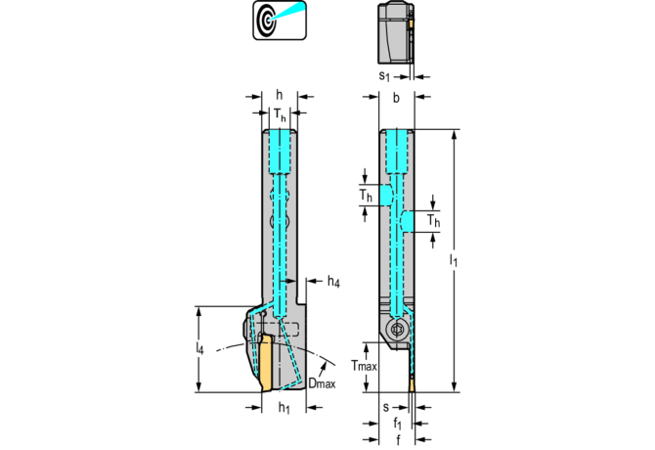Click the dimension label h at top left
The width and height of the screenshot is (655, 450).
pyautogui.click(x=280, y=95)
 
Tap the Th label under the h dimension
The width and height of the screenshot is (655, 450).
pyautogui.click(x=280, y=115)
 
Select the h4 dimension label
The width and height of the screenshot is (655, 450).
pyautogui.click(x=333, y=283)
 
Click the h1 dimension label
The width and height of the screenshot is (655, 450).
pyautogui.click(x=284, y=407)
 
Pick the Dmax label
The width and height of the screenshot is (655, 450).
pyautogui.click(x=322, y=383)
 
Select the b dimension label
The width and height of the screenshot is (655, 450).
pyautogui.click(x=396, y=98)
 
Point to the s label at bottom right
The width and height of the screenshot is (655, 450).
pyautogui.click(x=385, y=407)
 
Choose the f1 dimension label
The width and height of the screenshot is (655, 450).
pyautogui.click(x=397, y=425)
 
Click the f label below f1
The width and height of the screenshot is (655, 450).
pyautogui.click(x=397, y=441)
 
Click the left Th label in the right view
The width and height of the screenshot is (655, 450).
pyautogui.click(x=365, y=196)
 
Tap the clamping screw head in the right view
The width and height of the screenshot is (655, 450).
pyautogui.click(x=396, y=330)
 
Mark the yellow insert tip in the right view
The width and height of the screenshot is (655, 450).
pyautogui.click(x=413, y=383)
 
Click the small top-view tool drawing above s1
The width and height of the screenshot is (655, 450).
pyautogui.click(x=396, y=33)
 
